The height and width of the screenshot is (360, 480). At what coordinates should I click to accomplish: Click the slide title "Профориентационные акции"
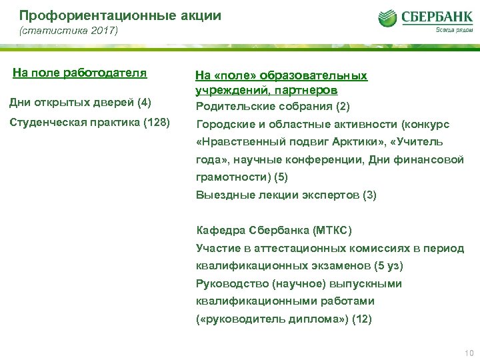tap(120, 15)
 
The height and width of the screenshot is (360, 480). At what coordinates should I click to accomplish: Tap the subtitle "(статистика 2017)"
tap(68, 31)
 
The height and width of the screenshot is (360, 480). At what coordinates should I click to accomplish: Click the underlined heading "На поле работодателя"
tap(80, 73)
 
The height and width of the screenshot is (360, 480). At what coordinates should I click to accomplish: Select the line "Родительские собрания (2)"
tap(273, 106)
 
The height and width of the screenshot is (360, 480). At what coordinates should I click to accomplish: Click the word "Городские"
tap(224, 125)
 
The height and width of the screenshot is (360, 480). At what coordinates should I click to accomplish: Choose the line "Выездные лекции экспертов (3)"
tap(286, 195)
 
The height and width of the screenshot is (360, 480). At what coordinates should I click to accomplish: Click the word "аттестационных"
tap(300, 249)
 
